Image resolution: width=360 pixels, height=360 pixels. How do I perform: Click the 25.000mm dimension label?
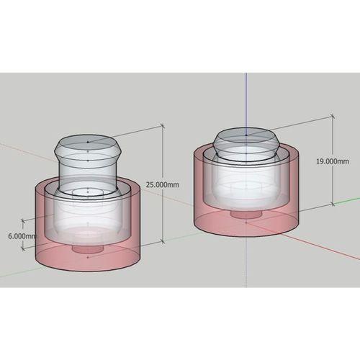click(163, 184)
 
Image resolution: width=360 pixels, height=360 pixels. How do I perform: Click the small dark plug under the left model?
click(87, 248)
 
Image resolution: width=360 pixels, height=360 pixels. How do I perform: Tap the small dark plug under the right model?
click(246, 214)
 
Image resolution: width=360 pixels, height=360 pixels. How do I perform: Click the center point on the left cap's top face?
click(88, 142)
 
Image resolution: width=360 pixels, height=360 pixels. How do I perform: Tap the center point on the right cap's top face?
click(246, 134)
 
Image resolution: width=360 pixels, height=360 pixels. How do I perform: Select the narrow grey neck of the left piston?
click(87, 173)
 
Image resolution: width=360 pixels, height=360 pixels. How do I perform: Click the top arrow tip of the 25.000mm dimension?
click(163, 127)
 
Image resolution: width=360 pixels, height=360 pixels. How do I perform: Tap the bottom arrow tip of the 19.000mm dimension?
click(333, 206)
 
